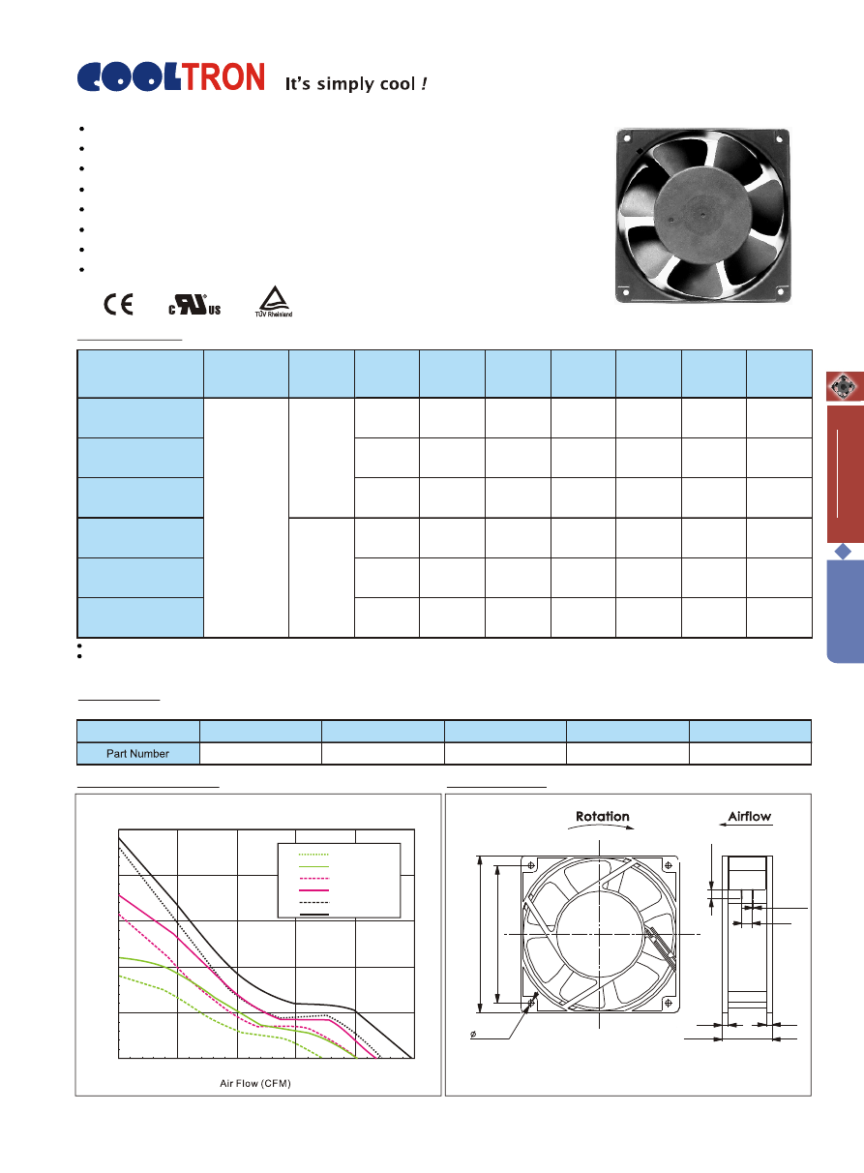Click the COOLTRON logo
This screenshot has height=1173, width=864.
point(170,76)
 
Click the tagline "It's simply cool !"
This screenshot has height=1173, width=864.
point(356,84)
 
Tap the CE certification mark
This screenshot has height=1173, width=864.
point(118,304)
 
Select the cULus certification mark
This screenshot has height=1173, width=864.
point(194,305)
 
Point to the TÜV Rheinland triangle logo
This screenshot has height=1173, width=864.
point(274,301)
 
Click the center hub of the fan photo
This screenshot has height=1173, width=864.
point(702,214)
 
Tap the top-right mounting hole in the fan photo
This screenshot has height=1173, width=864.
point(779,139)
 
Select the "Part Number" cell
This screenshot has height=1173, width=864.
point(137,754)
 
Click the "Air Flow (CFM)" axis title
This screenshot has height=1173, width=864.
point(255,1083)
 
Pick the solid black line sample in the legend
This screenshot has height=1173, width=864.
point(314,915)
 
